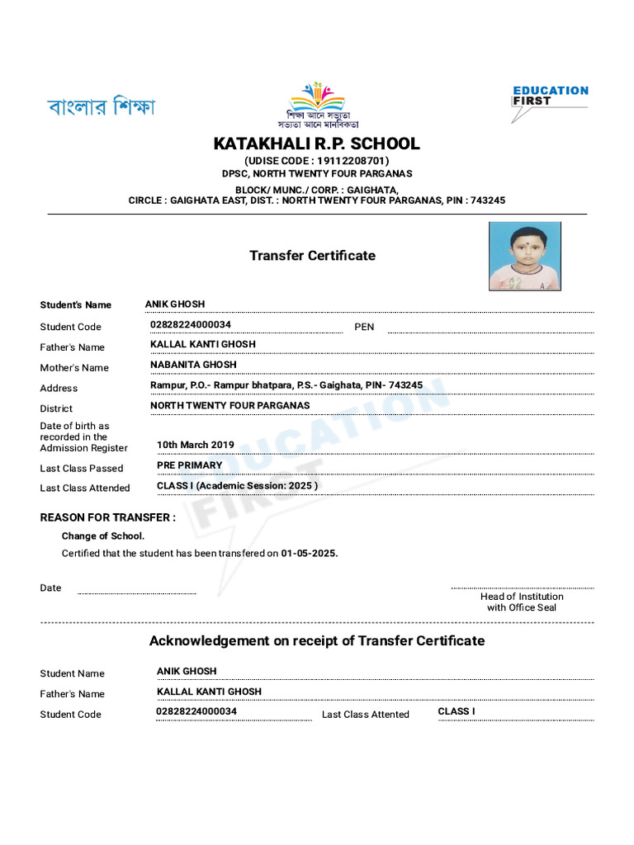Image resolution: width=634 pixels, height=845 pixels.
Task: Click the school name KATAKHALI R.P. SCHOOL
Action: [x=316, y=144]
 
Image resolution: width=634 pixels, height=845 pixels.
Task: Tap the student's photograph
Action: [x=524, y=255]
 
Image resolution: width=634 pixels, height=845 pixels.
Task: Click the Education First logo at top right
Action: [x=550, y=101]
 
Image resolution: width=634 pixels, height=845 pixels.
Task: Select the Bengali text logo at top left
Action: [x=101, y=107]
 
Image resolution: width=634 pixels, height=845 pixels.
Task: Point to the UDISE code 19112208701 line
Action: [x=316, y=161]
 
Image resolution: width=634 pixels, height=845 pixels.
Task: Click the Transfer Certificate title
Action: [x=312, y=256]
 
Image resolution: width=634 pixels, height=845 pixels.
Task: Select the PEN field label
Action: [x=364, y=327]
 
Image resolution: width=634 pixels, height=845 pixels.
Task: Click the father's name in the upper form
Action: [x=203, y=344]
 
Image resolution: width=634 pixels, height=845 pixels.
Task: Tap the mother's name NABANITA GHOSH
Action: [x=193, y=365]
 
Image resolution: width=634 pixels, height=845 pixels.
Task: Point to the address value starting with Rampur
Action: [x=286, y=385]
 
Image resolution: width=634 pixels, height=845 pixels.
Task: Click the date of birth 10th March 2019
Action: [x=196, y=445]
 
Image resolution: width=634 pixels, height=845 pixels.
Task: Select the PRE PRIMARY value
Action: [x=190, y=465]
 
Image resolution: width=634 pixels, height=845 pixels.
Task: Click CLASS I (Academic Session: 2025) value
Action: [x=237, y=486]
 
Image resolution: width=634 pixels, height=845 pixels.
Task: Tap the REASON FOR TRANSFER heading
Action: [x=107, y=517]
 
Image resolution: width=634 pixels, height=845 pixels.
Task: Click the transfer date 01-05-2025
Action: [x=310, y=554]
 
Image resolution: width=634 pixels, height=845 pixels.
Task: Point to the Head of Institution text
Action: [x=522, y=597]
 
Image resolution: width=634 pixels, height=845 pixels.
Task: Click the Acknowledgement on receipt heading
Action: [x=316, y=640]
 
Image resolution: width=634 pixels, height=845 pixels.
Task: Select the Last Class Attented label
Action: [x=366, y=715]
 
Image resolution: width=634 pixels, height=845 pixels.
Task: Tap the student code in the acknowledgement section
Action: [x=196, y=711]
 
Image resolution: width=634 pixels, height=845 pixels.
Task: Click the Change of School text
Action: [x=103, y=536]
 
